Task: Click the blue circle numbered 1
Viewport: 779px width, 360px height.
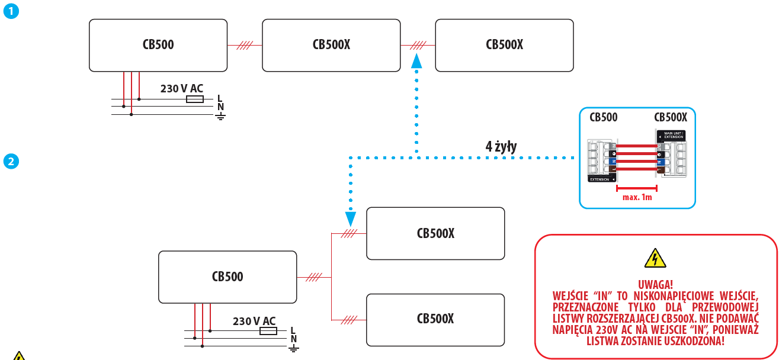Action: tap(10, 11)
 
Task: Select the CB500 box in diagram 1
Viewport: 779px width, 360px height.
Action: tap(158, 45)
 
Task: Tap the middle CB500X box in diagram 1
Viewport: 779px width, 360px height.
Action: tap(331, 45)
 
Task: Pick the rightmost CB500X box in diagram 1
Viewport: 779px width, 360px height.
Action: tap(504, 45)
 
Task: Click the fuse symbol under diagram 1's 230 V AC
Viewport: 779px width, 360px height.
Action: tap(195, 99)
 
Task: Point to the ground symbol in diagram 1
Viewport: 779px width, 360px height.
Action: tap(220, 115)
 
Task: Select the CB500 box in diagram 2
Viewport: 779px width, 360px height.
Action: tap(227, 277)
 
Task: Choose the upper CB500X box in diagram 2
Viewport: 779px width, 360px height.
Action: tap(435, 233)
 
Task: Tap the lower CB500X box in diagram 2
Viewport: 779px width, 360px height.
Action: tap(435, 319)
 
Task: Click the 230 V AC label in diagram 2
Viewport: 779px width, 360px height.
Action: tap(254, 321)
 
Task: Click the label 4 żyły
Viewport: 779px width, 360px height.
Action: tap(501, 147)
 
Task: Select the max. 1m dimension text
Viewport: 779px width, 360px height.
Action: tap(637, 197)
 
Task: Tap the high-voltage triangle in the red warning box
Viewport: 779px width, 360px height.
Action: tap(655, 258)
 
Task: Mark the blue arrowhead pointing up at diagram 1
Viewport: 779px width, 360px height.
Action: tap(417, 60)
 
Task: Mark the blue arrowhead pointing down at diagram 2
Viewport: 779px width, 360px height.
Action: tap(350, 219)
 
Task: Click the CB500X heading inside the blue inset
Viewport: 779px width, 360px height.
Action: tap(671, 117)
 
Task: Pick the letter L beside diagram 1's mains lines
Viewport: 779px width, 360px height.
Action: tap(220, 98)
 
